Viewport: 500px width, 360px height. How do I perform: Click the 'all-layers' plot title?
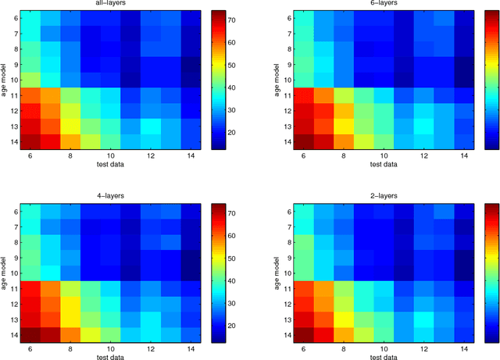click(109, 4)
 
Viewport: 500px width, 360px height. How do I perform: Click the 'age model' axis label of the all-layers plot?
click(5, 79)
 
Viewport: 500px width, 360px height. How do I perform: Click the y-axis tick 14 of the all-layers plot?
click(15, 140)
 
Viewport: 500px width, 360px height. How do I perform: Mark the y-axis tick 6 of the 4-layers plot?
click(15, 212)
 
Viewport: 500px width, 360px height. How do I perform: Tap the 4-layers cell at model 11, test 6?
click(30, 288)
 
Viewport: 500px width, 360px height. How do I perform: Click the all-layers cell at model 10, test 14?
click(191, 79)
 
